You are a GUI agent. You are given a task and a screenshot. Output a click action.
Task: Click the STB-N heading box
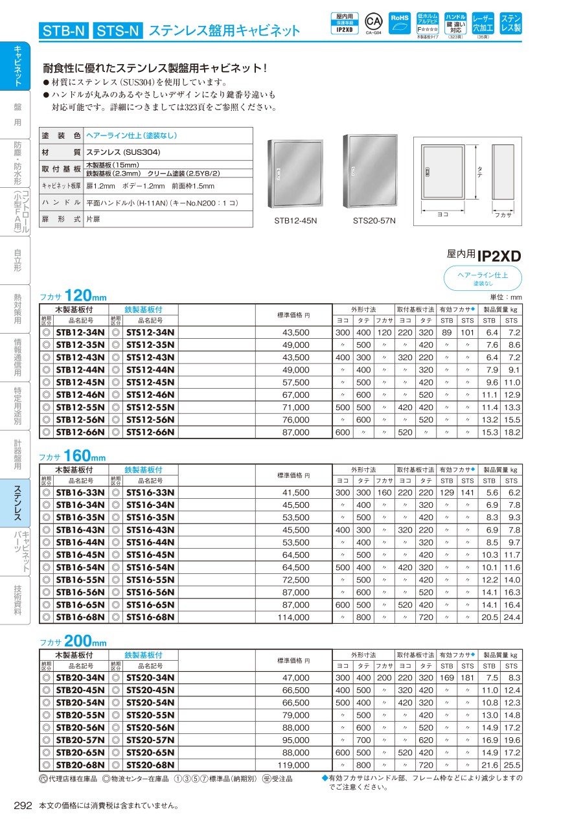[63, 30]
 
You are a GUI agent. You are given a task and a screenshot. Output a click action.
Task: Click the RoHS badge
[400, 24]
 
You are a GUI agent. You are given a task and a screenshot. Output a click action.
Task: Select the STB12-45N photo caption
[295, 221]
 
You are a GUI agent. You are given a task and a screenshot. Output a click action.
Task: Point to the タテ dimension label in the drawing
[479, 172]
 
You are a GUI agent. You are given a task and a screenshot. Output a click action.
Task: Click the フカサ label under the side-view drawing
[503, 214]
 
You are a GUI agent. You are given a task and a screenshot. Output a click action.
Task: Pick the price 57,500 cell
[296, 382]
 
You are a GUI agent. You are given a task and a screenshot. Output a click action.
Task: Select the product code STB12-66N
[80, 432]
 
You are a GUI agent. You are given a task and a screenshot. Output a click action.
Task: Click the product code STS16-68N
[150, 617]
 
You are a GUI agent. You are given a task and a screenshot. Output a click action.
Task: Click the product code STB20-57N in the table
[80, 740]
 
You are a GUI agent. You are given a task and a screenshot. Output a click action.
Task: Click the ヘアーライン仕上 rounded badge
[483, 279]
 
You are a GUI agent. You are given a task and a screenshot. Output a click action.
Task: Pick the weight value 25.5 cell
[511, 765]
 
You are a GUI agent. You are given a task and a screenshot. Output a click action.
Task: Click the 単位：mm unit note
[506, 297]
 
